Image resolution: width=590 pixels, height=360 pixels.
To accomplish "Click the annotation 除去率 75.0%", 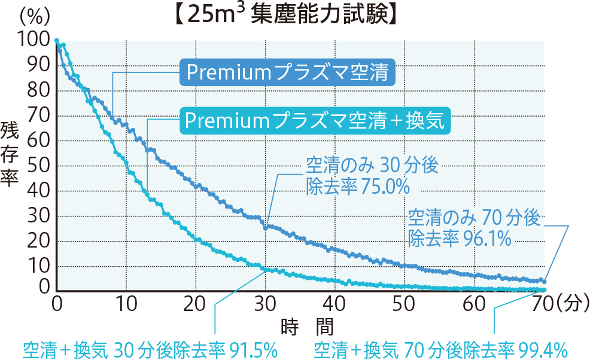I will [357, 187].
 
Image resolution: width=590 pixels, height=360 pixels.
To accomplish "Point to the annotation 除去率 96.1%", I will [459, 239].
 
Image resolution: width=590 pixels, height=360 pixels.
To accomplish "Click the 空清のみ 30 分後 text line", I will [373, 164].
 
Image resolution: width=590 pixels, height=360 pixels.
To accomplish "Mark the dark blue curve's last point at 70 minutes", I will [543, 280].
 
